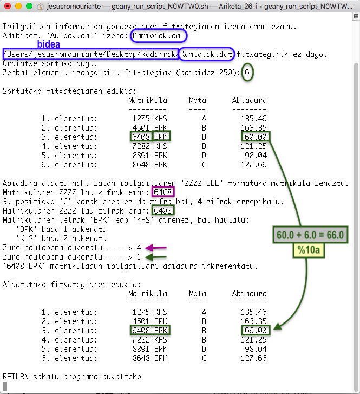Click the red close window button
pos(7,7)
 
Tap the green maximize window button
pos(29,7)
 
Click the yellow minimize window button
pos(18,7)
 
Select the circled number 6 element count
pos(247,73)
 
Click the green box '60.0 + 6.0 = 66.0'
pos(311,236)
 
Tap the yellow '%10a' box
pos(311,251)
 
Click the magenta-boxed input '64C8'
pos(163,192)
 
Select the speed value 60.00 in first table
pos(255,137)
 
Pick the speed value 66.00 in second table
pos(255,330)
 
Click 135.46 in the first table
pos(254,119)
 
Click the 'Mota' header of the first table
pos(198,100)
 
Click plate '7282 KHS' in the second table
pos(149,339)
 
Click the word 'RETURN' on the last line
pos(16,376)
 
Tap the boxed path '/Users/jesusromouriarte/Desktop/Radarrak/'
pos(90,54)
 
